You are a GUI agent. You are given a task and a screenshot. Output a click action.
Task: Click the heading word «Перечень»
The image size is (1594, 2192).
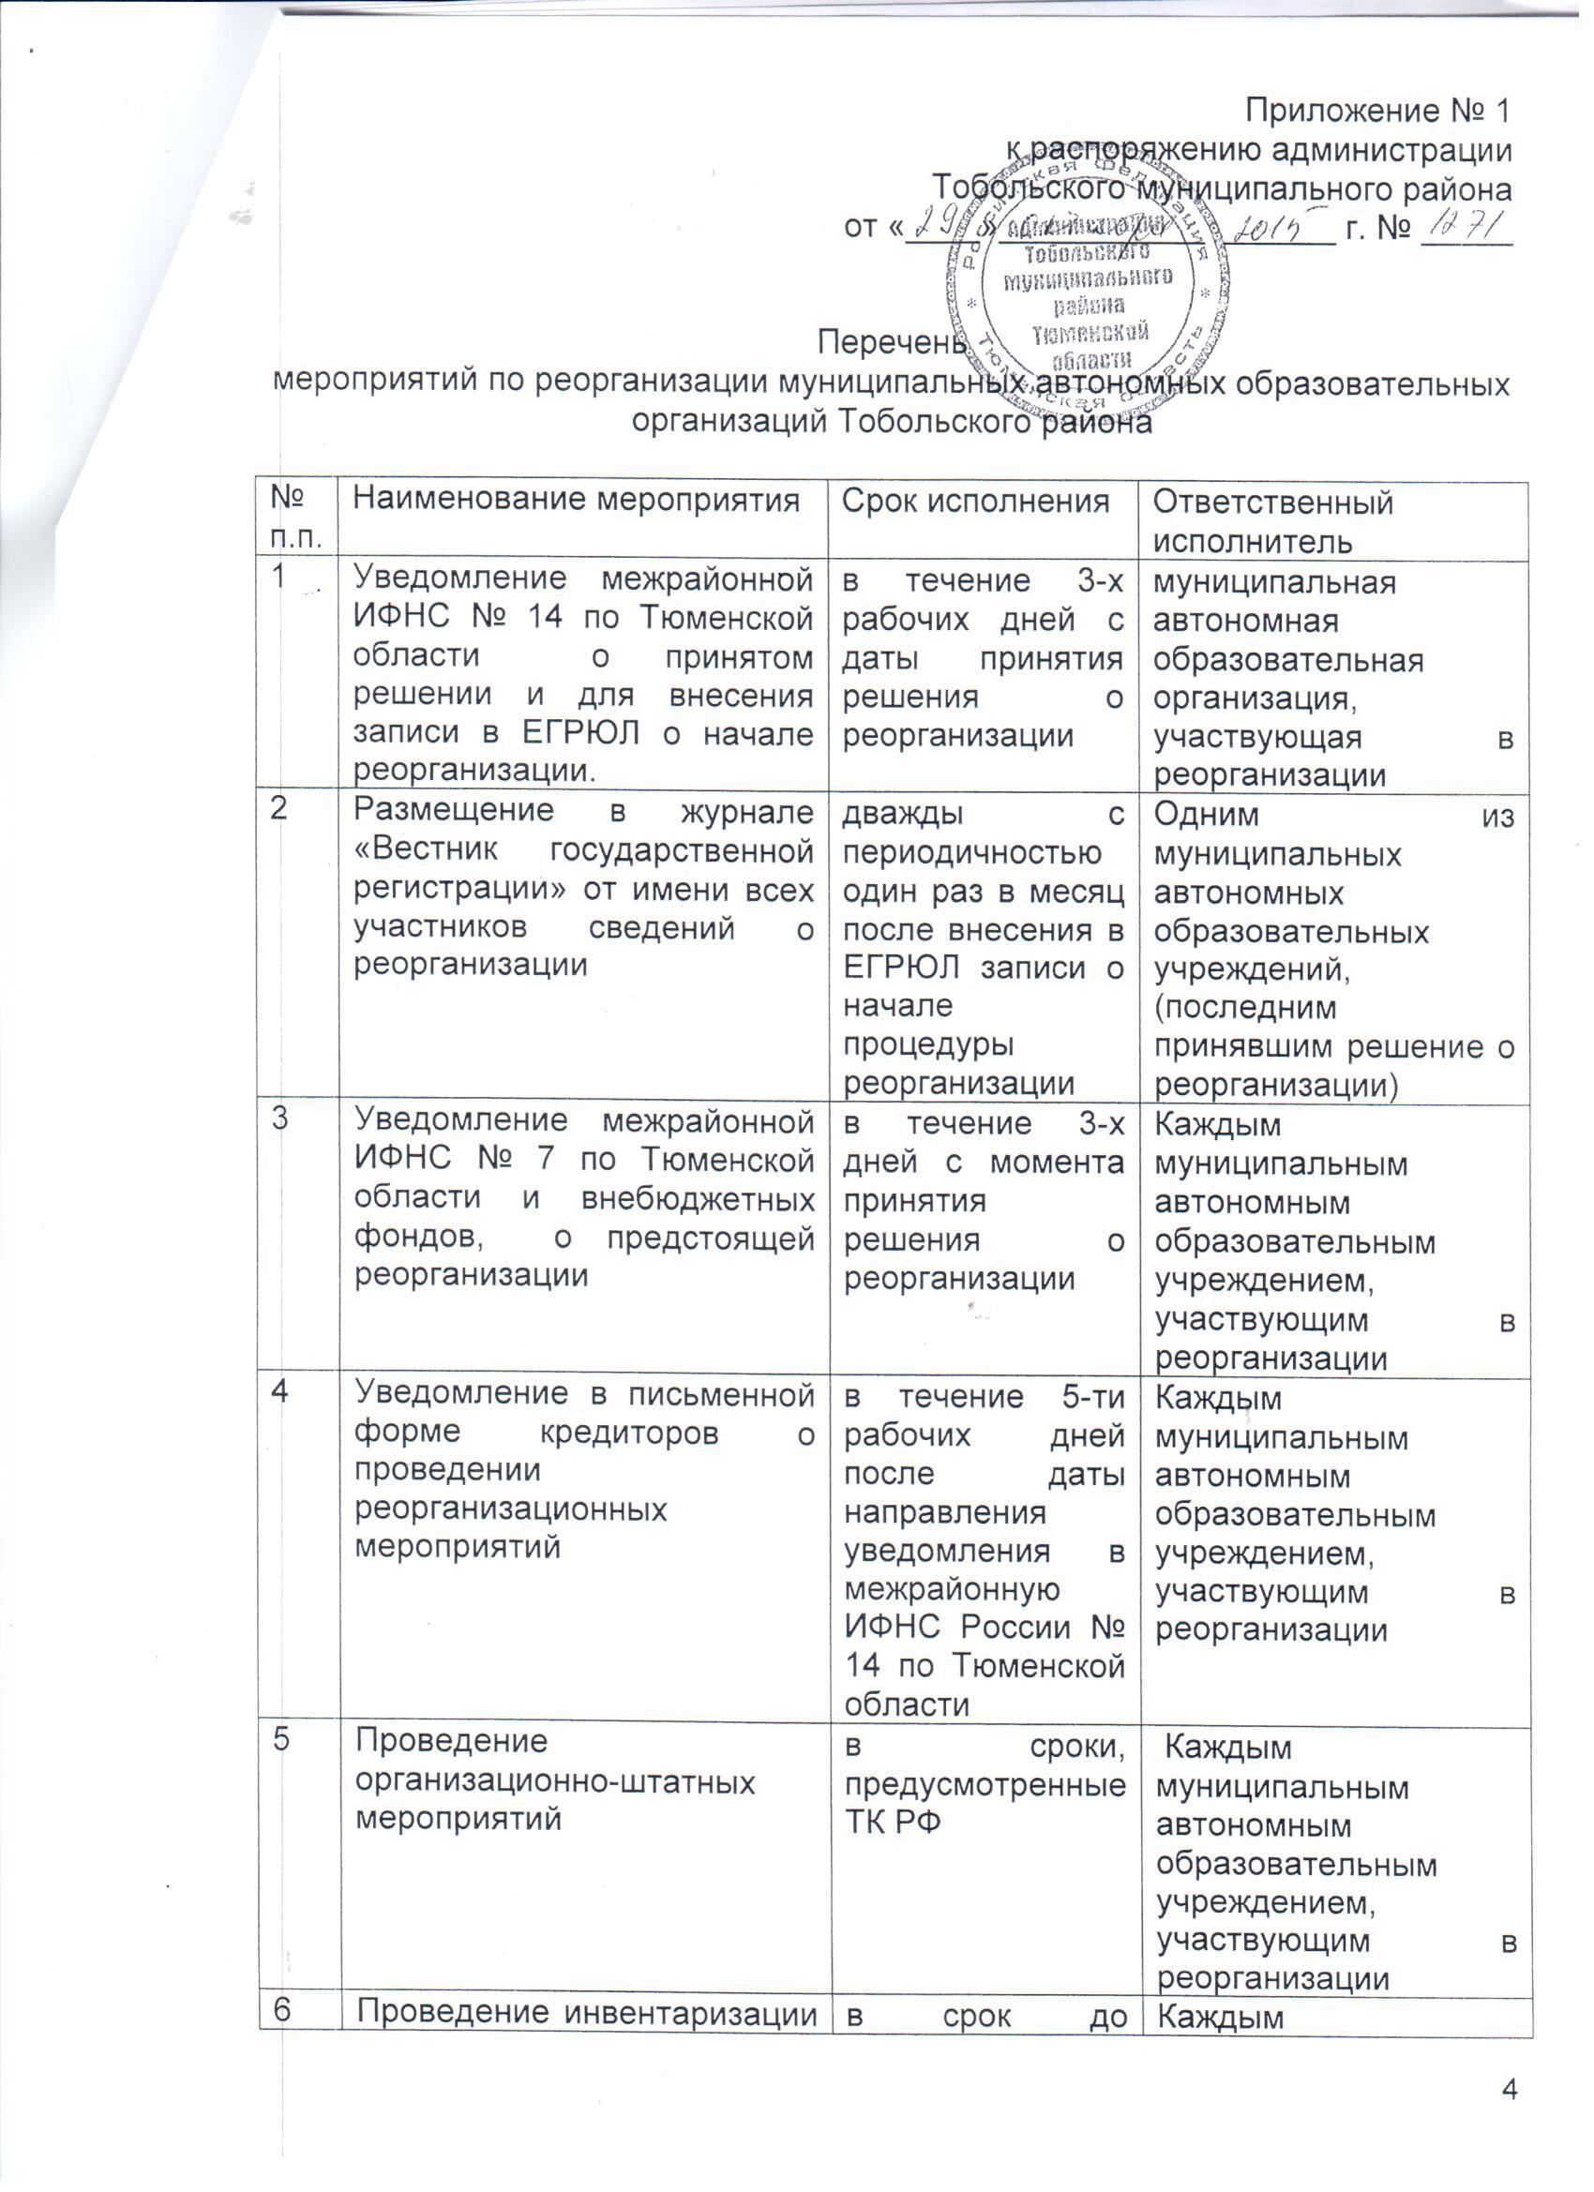point(892,343)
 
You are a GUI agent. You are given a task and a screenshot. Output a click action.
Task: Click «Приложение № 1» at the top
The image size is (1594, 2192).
point(1376,113)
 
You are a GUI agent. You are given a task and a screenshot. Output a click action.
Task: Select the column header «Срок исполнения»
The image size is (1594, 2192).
point(975,501)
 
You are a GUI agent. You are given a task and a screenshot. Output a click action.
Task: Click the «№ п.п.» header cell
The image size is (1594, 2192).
point(293,518)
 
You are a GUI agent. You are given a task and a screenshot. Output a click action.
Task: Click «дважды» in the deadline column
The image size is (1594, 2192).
point(903,813)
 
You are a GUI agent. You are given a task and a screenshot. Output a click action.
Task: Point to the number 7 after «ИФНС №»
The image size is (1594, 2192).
point(544,1159)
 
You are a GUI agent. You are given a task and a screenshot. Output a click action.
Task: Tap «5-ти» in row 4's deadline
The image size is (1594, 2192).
point(1088,1397)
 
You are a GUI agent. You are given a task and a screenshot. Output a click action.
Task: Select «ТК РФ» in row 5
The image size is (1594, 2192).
point(893,1820)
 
